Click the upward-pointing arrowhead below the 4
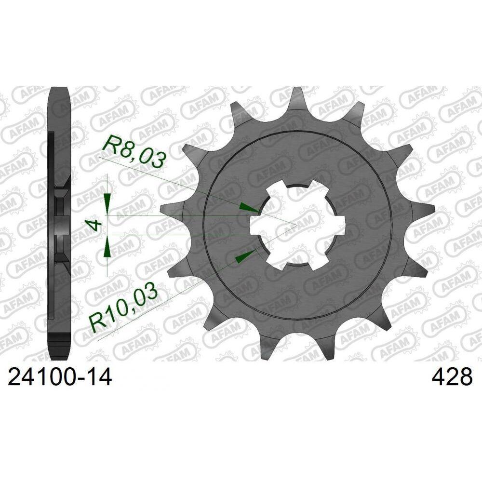click(x=107, y=248)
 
